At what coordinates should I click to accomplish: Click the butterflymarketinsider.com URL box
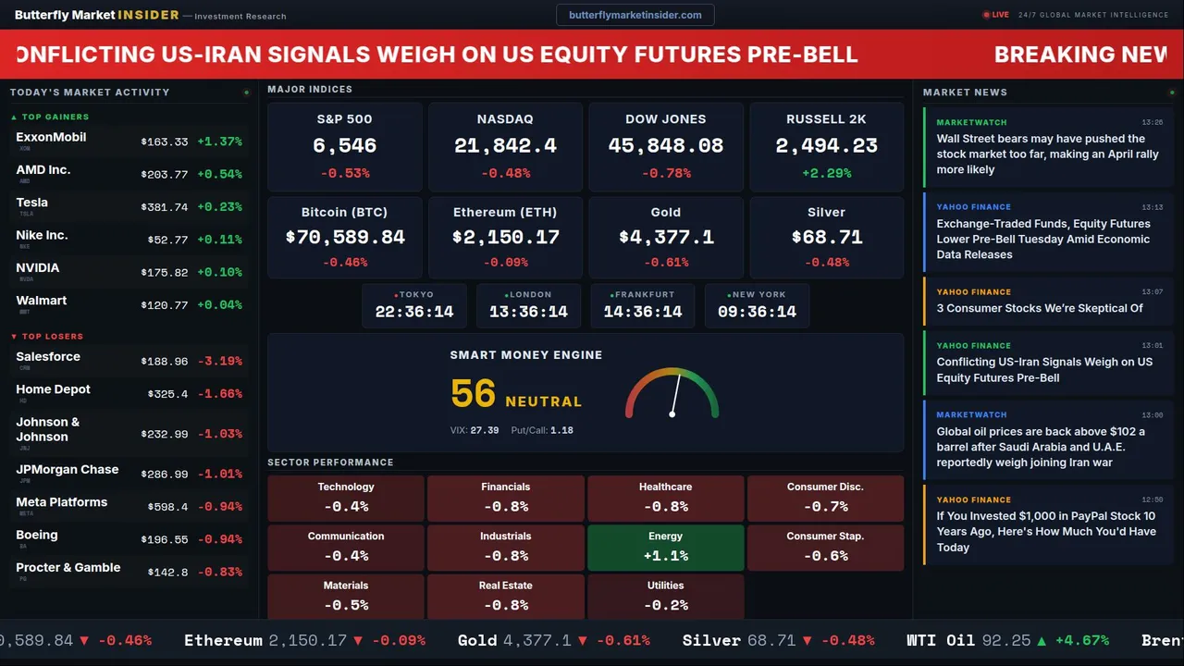[x=635, y=15]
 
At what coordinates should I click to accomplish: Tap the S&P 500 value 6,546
[x=344, y=145]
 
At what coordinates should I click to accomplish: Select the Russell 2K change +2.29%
[x=826, y=173]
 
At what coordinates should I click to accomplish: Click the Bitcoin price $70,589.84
[x=345, y=237]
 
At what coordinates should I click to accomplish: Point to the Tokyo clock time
[x=413, y=312]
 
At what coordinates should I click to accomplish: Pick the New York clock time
[x=757, y=312]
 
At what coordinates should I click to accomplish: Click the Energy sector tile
[x=665, y=548]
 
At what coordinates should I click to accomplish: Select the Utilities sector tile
[x=665, y=597]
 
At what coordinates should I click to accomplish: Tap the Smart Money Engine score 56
[x=474, y=394]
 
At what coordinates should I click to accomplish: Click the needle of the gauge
[x=676, y=394]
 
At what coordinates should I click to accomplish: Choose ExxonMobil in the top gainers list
[x=51, y=137]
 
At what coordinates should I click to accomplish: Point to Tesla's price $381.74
[x=164, y=208]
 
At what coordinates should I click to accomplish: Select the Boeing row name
[x=37, y=535]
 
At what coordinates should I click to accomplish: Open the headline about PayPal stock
[x=1046, y=532]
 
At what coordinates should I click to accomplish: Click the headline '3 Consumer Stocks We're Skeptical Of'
[x=1039, y=308]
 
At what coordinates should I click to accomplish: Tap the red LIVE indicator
[x=996, y=15]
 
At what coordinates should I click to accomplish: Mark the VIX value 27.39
[x=484, y=430]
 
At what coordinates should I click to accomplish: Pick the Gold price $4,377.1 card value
[x=665, y=237]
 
